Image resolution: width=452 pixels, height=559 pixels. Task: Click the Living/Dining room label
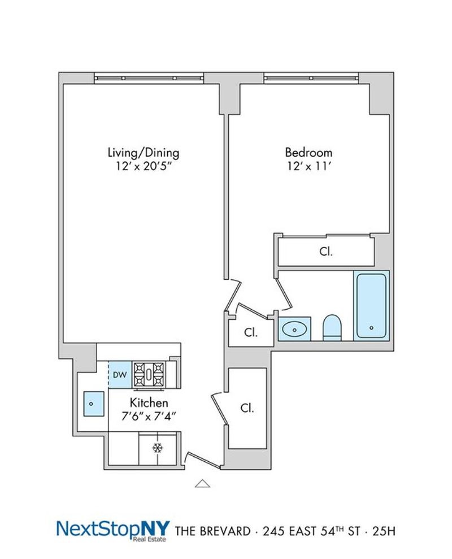coord(144,153)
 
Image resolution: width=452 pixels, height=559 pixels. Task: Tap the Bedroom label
coord(308,153)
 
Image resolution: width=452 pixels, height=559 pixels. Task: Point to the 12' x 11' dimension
coord(309,166)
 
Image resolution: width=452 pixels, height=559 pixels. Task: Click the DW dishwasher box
coord(120,375)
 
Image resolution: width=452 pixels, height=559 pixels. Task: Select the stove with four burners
coord(149,375)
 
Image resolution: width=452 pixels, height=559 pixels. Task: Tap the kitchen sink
coord(94,404)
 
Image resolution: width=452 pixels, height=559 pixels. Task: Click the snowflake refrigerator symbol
coord(158,448)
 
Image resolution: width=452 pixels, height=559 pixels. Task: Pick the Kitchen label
coord(149,402)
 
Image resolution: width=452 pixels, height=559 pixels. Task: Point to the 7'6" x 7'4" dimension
coord(149,416)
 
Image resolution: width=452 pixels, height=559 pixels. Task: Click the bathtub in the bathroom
coord(371,306)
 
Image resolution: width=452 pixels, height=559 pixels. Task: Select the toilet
coord(332,327)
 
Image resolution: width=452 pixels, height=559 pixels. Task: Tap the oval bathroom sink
coord(294,330)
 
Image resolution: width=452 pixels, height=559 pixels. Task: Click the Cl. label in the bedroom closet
coord(326,252)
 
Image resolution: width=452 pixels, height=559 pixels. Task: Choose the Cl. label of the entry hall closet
coord(247,408)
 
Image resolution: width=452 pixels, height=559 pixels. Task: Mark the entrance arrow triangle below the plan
coord(202,483)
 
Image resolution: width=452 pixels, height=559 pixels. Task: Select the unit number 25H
coord(384,531)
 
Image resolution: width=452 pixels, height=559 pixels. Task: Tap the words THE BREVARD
coord(213,531)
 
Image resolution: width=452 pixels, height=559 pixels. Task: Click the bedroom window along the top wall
coord(311,78)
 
